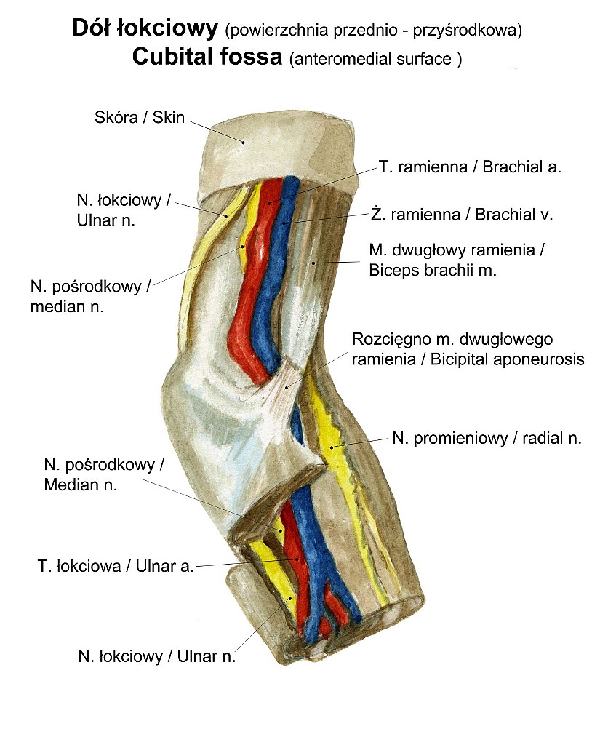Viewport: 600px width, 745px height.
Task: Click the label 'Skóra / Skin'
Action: pos(140,117)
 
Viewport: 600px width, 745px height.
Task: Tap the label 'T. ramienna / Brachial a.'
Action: pos(470,167)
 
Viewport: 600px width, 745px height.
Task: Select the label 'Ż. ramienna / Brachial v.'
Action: pos(462,215)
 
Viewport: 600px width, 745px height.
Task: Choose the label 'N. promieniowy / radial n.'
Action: pos(487,438)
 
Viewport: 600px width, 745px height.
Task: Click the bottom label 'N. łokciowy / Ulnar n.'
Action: pos(157,656)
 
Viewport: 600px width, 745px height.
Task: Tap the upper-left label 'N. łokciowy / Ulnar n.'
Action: pos(123,210)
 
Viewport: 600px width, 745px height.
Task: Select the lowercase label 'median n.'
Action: pos(67,306)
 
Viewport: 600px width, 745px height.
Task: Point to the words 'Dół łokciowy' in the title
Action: pos(145,29)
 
